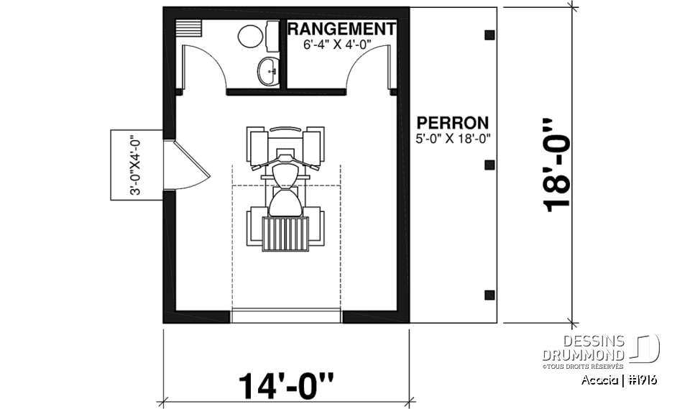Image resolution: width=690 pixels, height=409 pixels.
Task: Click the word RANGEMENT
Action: coord(341,29)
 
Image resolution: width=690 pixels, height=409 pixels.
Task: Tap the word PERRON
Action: coord(453,123)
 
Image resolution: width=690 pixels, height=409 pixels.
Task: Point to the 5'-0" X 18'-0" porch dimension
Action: coord(453,139)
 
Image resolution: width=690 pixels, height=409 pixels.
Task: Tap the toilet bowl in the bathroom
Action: coord(251,36)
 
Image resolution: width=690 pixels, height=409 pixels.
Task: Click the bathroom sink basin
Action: coord(268,70)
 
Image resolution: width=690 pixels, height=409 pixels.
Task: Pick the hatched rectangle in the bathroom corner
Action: coord(190,27)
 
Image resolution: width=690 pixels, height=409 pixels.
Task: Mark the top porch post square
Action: coord(489,35)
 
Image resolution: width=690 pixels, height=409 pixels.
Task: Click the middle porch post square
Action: coord(489,165)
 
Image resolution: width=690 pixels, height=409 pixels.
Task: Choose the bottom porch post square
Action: coord(489,294)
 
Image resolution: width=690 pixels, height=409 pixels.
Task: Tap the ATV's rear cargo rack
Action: coord(285,233)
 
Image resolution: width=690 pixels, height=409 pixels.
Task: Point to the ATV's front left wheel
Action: coord(257,144)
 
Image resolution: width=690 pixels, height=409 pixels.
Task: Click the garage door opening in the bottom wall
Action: coord(287,316)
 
